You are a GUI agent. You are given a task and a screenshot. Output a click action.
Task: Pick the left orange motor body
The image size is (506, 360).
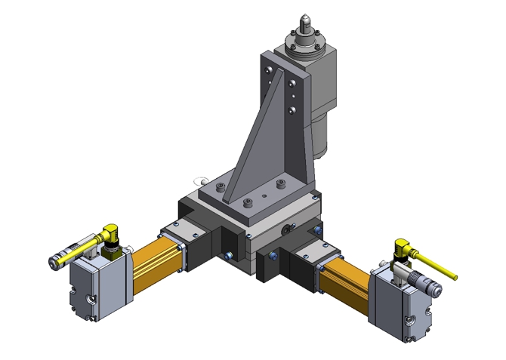156,260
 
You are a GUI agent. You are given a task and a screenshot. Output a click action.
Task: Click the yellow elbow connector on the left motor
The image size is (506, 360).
111,234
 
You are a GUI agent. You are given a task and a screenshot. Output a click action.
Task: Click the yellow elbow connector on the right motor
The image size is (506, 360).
400,248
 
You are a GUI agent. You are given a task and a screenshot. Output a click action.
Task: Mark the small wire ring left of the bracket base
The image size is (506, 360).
200,180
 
